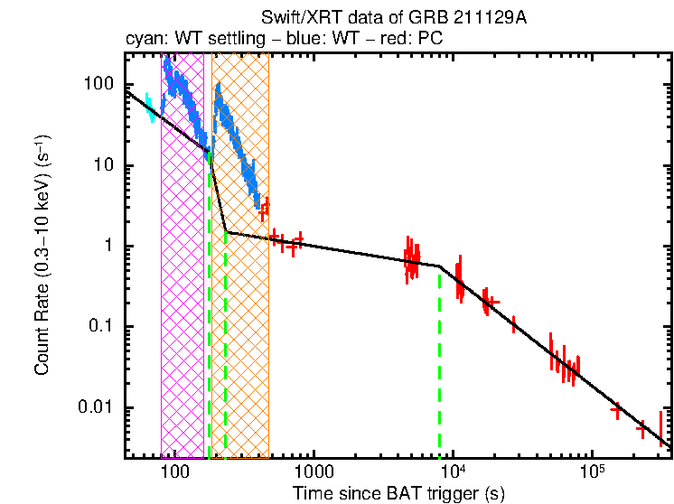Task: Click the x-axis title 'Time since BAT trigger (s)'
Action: click(398, 493)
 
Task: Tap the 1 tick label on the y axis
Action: click(108, 246)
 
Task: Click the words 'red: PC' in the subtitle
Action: click(414, 40)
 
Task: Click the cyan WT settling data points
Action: click(151, 107)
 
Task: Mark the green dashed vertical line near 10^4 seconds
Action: click(440, 361)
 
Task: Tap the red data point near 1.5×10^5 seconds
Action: click(616, 411)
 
